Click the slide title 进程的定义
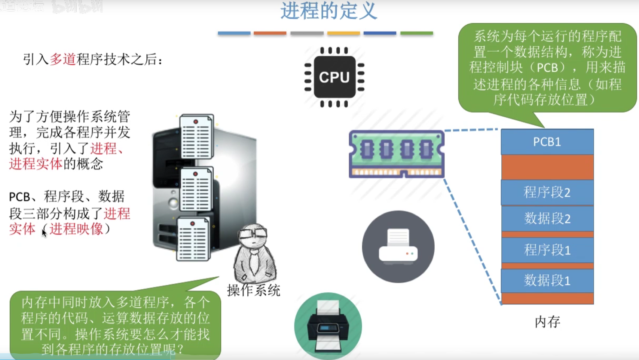(x=328, y=11)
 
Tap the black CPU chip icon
(x=334, y=77)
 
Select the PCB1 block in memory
(x=547, y=142)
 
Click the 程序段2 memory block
(x=547, y=193)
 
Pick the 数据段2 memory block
(x=547, y=218)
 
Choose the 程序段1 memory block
(x=547, y=250)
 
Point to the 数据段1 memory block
(x=547, y=280)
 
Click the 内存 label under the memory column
(x=547, y=321)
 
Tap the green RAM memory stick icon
(x=397, y=154)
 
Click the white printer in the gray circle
(x=398, y=247)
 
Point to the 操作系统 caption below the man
(x=254, y=290)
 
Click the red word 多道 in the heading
(x=63, y=59)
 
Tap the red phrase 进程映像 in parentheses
(x=76, y=229)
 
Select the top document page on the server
(x=196, y=136)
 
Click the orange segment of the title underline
(x=270, y=33)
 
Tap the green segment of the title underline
(x=416, y=33)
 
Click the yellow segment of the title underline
(x=343, y=33)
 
